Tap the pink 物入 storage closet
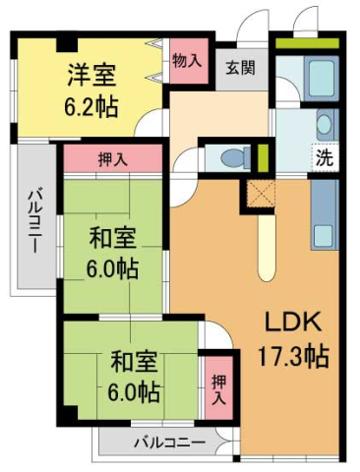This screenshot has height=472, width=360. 187,61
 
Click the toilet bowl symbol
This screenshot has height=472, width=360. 229,158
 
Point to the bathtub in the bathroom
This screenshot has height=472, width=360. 319,78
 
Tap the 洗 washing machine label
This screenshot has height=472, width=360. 323,155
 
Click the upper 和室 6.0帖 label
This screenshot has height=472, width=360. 110,253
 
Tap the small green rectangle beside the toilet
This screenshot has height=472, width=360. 262,156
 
